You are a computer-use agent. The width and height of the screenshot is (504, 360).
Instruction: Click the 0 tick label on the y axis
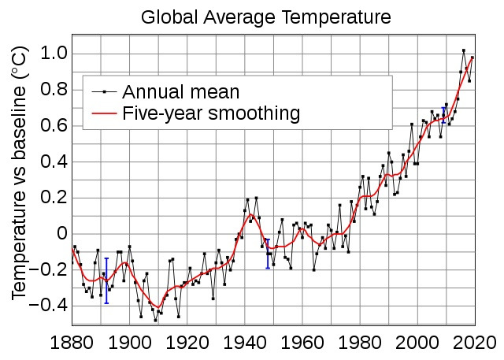pos(60,234)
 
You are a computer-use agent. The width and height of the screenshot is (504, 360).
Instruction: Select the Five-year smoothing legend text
pos(211,114)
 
